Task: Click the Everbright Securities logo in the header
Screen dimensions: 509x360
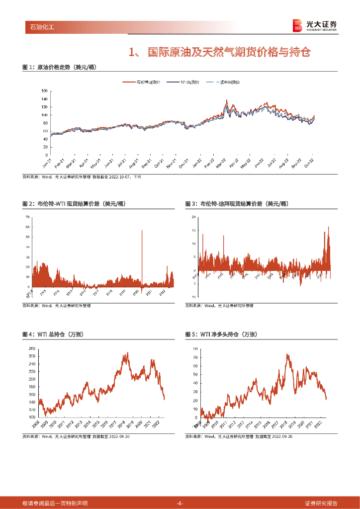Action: pyautogui.click(x=315, y=25)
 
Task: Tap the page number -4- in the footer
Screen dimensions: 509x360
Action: pyautogui.click(x=180, y=503)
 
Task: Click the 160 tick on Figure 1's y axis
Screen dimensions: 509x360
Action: pyautogui.click(x=44, y=91)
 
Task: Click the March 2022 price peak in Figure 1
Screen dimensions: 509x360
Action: pyautogui.click(x=227, y=100)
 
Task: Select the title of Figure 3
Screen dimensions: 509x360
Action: pyautogui.click(x=237, y=204)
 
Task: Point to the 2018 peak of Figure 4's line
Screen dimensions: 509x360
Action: pyautogui.click(x=128, y=353)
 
